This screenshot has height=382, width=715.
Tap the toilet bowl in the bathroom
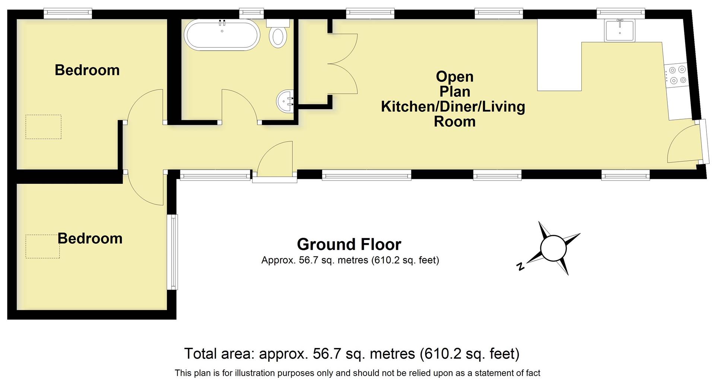coord(278,37)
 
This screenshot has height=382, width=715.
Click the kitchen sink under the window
coord(619,31)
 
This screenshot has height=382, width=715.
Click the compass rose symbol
coord(553,249)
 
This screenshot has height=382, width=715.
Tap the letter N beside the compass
coord(521,266)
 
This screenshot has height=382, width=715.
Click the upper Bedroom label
coord(87,70)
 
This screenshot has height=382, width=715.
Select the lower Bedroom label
coord(90,239)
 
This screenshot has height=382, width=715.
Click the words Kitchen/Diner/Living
coord(453,107)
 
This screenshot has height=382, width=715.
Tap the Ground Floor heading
coord(349,244)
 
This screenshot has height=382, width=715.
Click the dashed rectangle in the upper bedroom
coord(43,127)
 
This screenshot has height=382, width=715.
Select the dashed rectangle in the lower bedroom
coord(42,246)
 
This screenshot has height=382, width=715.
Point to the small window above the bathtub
coord(251,13)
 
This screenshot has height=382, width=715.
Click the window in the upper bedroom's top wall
coord(68,13)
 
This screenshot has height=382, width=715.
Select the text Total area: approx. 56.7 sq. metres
coord(300,353)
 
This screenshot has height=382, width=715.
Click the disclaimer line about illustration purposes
coord(357,373)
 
